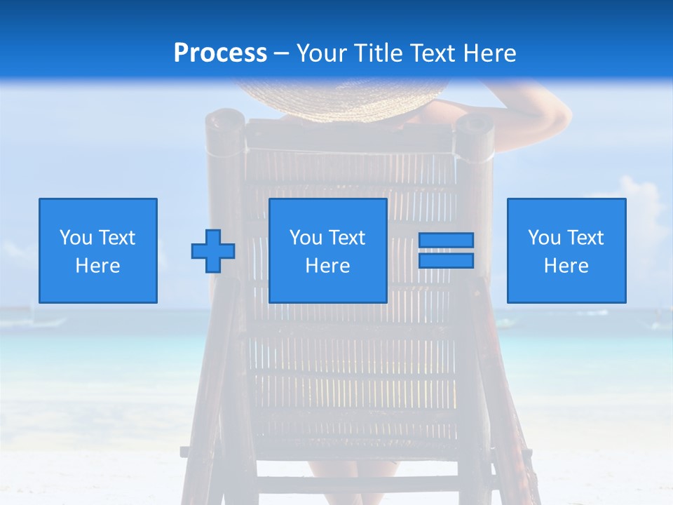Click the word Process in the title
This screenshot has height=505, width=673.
click(x=220, y=53)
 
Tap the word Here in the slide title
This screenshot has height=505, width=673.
click(x=489, y=53)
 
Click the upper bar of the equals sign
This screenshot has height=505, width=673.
click(x=446, y=240)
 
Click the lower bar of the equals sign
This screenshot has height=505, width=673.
click(x=446, y=260)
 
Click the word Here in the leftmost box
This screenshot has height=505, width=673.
click(x=98, y=266)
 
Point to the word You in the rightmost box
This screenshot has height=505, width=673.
click(x=544, y=238)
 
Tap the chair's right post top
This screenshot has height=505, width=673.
click(x=475, y=126)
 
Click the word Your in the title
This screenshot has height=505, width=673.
click(x=322, y=53)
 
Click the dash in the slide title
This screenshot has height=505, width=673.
click(x=281, y=53)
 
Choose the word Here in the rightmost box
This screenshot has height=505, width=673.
click(x=566, y=266)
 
